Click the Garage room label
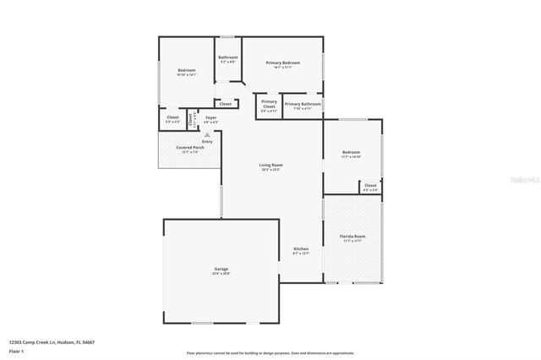click(221, 270)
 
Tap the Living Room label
click(270, 165)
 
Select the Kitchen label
click(301, 248)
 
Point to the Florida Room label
click(352, 236)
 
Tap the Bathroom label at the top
click(228, 57)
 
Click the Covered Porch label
click(190, 148)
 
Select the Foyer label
click(210, 117)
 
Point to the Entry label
click(207, 141)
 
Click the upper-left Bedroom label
click(186, 70)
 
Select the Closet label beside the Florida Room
click(370, 186)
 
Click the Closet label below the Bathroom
click(226, 104)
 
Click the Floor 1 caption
click(16, 350)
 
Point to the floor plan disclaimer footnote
click(270, 352)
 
